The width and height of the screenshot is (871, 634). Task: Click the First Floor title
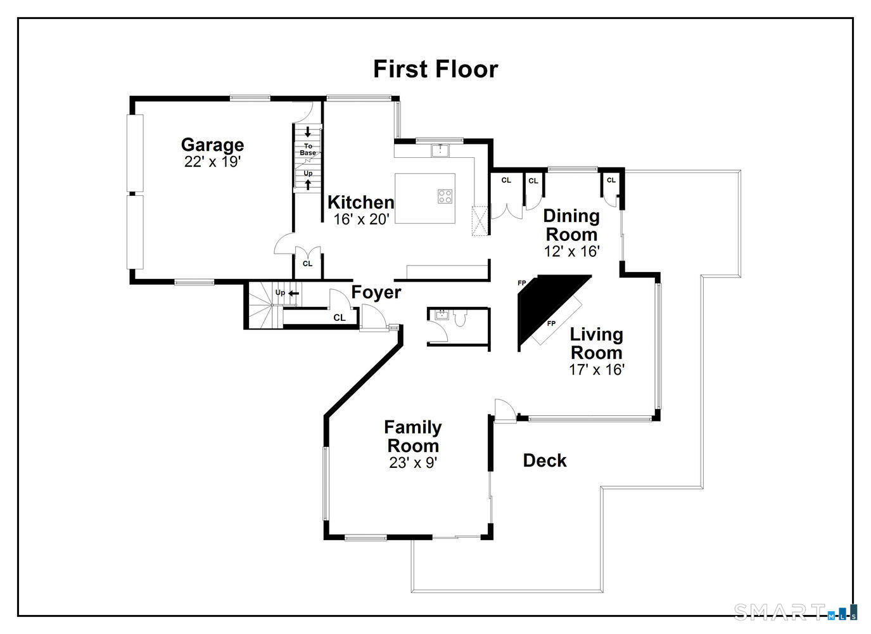tap(435, 69)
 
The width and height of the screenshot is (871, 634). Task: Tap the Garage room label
tap(212, 145)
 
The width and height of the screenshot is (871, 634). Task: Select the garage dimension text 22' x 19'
tap(212, 162)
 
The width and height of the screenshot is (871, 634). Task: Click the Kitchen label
tap(360, 202)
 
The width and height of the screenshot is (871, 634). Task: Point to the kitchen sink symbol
tap(440, 150)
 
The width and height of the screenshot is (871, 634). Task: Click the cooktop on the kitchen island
tap(445, 197)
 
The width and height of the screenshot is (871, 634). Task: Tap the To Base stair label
tap(308, 150)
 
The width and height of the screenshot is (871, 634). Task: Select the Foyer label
tap(376, 292)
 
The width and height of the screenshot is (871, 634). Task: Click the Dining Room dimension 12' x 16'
tap(571, 252)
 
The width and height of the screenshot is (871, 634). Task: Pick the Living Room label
tap(596, 343)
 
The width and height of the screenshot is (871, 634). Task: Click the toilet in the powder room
tap(460, 318)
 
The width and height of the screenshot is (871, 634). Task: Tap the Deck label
tap(544, 461)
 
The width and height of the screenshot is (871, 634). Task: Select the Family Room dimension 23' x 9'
tap(413, 463)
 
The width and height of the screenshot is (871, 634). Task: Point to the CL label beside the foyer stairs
tap(340, 318)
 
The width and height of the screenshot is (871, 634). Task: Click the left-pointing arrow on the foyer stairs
tap(294, 293)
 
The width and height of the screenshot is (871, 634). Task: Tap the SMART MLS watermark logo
tap(796, 612)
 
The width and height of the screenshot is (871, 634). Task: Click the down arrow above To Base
tap(308, 133)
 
